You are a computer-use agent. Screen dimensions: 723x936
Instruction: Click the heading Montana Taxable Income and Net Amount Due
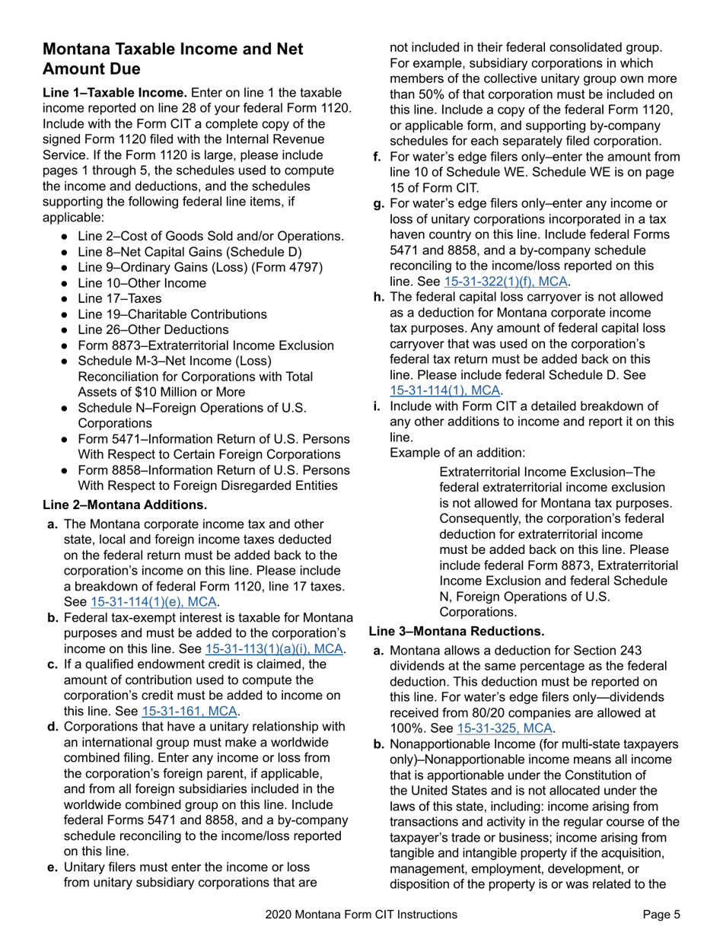click(x=173, y=59)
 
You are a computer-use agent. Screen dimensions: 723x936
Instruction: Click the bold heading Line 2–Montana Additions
click(x=125, y=505)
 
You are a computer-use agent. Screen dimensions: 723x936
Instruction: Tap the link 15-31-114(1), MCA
click(x=445, y=390)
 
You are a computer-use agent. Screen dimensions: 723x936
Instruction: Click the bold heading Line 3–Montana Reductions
click(x=457, y=631)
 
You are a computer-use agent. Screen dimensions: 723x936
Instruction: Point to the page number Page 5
click(x=661, y=915)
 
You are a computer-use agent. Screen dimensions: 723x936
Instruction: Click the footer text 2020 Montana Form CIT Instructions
click(x=361, y=915)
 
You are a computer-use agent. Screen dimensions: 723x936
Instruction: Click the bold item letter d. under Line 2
click(x=53, y=727)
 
